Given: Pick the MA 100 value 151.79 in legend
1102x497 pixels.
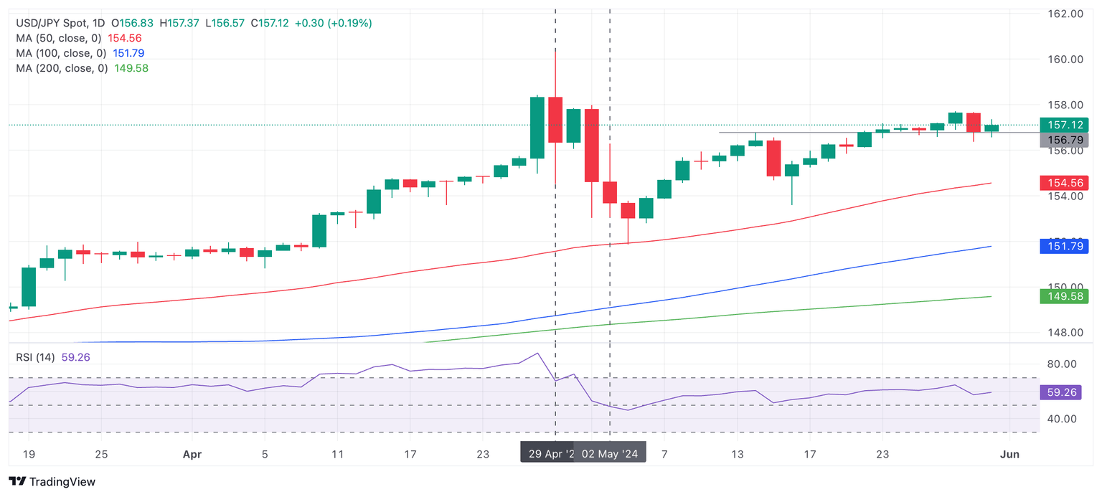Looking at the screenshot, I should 128,53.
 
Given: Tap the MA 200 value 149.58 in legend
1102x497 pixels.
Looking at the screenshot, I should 131,68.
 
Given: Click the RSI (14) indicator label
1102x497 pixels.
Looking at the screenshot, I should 34,357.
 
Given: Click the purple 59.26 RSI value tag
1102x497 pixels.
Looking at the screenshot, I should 1060,392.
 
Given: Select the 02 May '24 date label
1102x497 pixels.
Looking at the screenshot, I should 609,454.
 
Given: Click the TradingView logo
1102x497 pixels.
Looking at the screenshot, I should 52,482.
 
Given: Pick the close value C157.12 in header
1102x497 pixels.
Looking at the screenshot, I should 270,23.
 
